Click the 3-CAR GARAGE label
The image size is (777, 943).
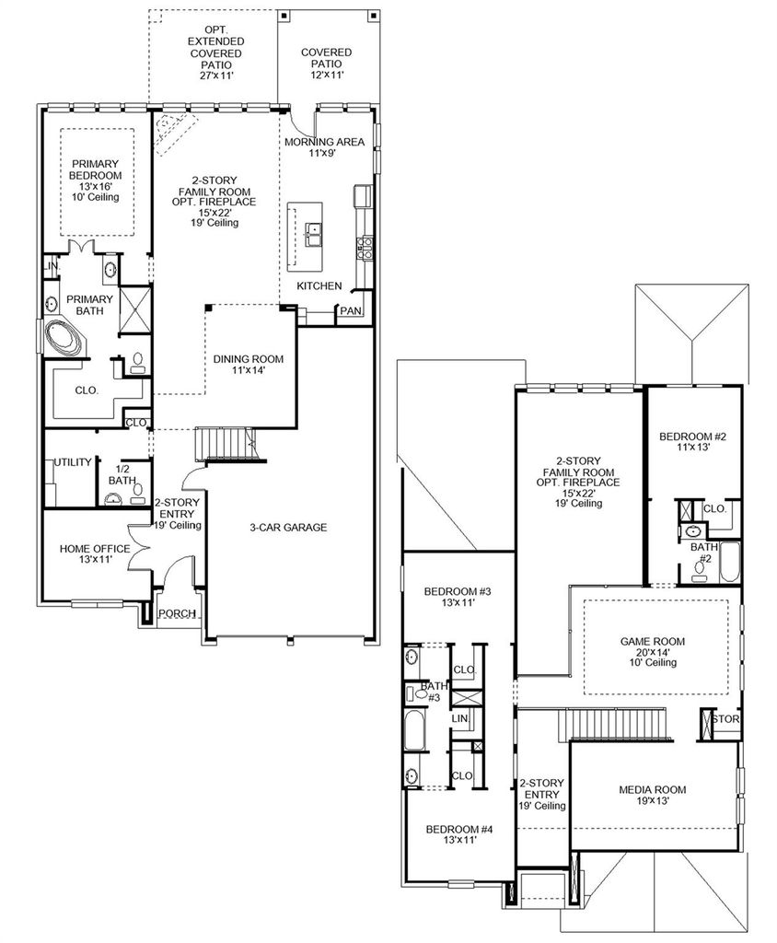click(x=288, y=528)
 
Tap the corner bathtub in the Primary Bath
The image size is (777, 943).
click(x=63, y=339)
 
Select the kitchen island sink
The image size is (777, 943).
click(x=313, y=234)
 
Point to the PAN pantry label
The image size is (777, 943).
click(x=351, y=311)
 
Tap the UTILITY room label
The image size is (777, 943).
click(x=73, y=462)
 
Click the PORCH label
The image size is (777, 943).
click(x=177, y=613)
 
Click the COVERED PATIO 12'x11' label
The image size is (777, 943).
click(x=327, y=64)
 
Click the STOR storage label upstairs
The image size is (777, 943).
click(x=725, y=718)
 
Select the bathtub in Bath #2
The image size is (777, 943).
click(x=729, y=563)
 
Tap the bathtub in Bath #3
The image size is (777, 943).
click(x=413, y=729)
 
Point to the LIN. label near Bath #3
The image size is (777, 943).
click(x=460, y=718)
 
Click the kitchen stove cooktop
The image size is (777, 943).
click(x=365, y=248)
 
